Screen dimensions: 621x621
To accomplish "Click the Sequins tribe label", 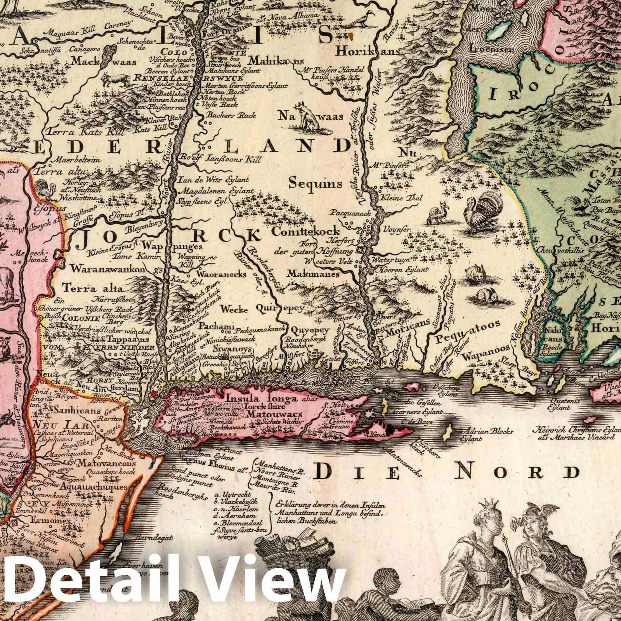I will [316, 182].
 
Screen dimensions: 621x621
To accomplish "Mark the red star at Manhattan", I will [154, 394].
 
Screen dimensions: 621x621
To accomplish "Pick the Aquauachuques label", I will [94, 486].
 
